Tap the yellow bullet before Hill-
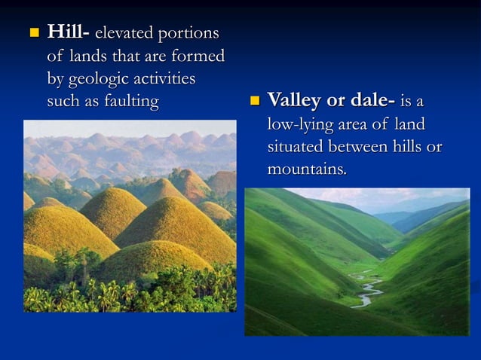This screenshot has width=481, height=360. (33, 34)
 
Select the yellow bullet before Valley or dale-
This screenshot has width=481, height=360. (254, 101)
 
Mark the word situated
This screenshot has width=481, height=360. (294, 147)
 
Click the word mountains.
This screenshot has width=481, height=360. (307, 169)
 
